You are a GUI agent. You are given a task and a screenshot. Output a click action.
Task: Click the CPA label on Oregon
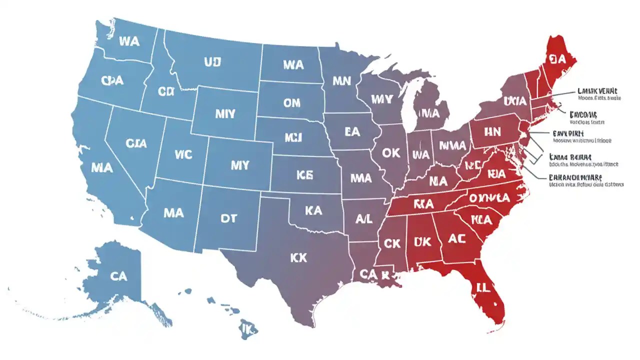click(x=112, y=80)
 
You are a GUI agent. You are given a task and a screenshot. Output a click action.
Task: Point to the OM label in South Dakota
click(x=291, y=102)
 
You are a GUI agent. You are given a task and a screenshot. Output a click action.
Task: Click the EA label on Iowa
click(x=352, y=131)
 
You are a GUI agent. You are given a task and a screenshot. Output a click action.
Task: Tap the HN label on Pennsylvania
click(x=492, y=131)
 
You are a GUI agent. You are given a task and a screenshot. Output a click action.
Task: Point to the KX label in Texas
click(x=298, y=257)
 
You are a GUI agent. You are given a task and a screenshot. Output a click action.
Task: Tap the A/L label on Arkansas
click(x=364, y=218)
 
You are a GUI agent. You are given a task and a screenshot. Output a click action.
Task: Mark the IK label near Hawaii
click(x=247, y=328)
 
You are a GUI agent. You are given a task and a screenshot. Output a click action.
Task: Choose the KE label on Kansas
click(x=304, y=174)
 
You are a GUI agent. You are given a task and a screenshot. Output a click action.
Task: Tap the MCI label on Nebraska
click(x=293, y=136)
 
